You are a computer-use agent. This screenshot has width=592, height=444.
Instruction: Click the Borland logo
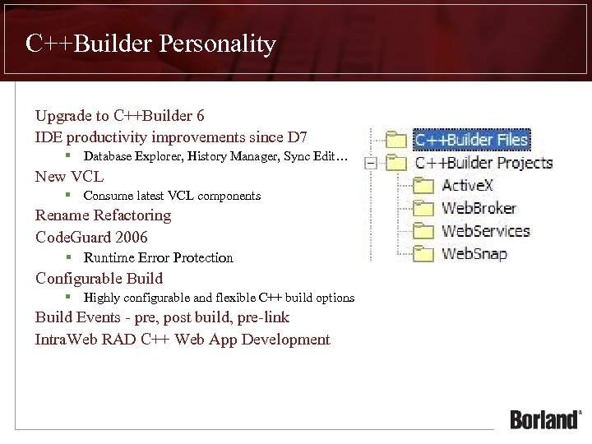click(x=545, y=419)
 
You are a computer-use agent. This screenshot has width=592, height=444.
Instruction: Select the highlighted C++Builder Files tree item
click(x=470, y=139)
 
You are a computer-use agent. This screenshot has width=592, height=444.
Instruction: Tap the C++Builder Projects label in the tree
click(x=483, y=163)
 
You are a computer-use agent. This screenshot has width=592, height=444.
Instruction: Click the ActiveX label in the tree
click(x=467, y=186)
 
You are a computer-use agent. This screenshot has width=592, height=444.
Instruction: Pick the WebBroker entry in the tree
click(x=479, y=208)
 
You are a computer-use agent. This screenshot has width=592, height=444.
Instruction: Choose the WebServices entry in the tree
click(x=485, y=231)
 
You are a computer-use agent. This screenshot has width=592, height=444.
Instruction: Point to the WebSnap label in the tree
click(x=474, y=253)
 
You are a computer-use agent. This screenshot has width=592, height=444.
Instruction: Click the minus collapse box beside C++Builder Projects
click(x=371, y=163)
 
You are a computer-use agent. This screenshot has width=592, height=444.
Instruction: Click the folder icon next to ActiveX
click(x=423, y=185)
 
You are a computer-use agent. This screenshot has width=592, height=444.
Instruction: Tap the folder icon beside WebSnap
click(x=423, y=252)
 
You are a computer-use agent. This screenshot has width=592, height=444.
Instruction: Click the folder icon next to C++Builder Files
click(x=396, y=139)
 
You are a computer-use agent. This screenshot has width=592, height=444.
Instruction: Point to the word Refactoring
click(x=132, y=215)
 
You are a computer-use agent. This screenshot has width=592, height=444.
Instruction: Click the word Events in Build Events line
click(x=99, y=317)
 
